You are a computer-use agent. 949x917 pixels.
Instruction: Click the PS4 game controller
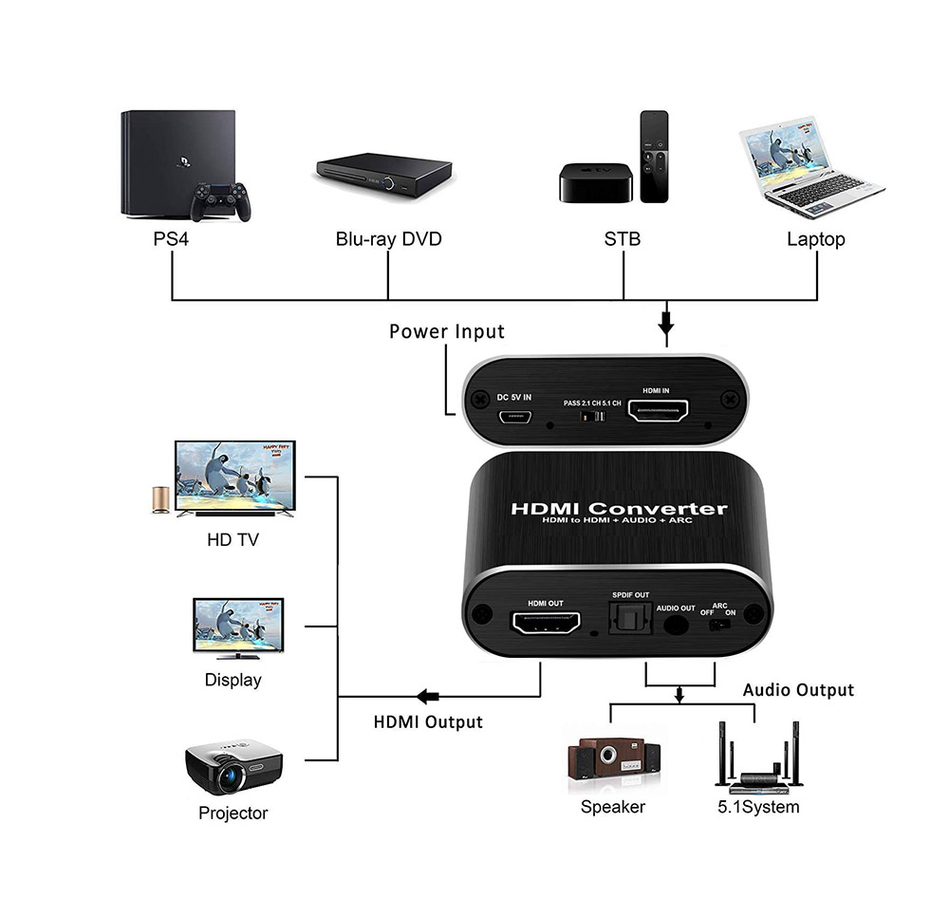click(x=220, y=199)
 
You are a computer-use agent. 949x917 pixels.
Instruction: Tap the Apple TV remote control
click(x=654, y=156)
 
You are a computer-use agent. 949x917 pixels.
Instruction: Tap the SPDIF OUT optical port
click(x=628, y=623)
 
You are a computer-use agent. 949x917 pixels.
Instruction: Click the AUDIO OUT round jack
click(x=677, y=626)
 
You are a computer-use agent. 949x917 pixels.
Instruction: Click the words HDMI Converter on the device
click(x=619, y=509)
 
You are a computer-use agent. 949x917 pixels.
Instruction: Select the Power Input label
click(x=447, y=331)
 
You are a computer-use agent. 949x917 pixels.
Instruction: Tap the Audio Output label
click(x=798, y=690)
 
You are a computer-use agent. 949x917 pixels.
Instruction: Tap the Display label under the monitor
click(x=233, y=680)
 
